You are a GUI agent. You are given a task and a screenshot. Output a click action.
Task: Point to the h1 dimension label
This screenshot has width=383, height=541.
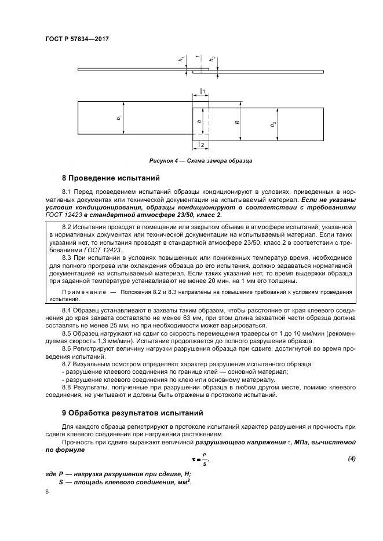pos(181,60)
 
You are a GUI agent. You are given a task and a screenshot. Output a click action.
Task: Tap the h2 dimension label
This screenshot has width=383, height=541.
pos(213,59)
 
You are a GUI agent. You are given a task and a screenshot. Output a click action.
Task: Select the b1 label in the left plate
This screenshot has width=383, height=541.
pos(119,118)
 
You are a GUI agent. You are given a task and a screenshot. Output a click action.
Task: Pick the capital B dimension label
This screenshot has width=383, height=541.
pos(237,122)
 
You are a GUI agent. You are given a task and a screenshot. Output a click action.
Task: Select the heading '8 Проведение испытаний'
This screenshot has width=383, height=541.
pos(110,178)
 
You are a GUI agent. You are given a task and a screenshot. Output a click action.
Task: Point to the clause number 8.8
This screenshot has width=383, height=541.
pos(67,387)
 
